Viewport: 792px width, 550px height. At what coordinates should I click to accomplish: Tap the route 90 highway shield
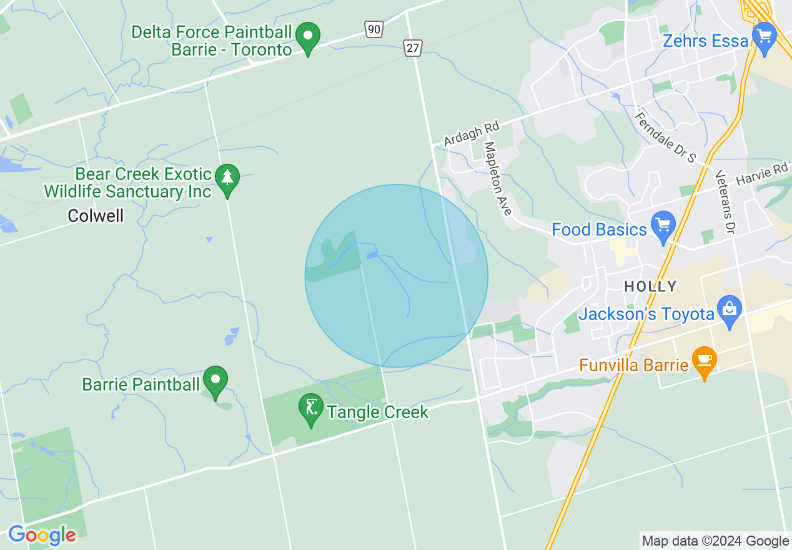(x=374, y=29)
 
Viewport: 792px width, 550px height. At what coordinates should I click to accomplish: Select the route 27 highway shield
(x=412, y=47)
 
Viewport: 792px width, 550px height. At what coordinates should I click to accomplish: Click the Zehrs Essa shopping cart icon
(x=764, y=36)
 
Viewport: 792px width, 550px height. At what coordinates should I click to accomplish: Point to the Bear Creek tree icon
(x=227, y=177)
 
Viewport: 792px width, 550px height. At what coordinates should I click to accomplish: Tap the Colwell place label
(x=96, y=216)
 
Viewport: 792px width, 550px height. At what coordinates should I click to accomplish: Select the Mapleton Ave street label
(x=498, y=179)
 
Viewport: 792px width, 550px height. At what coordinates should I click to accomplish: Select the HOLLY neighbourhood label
(x=650, y=287)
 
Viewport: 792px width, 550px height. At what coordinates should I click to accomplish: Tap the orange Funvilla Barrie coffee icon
(x=704, y=361)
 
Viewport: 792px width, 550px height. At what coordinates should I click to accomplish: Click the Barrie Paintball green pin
(x=216, y=379)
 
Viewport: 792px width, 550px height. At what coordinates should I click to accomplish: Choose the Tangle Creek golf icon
(x=310, y=407)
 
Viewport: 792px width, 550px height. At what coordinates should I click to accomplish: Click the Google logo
(x=42, y=535)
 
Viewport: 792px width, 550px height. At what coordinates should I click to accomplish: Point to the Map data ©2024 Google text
(x=715, y=541)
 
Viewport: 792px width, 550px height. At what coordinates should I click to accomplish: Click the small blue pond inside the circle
(x=372, y=255)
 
